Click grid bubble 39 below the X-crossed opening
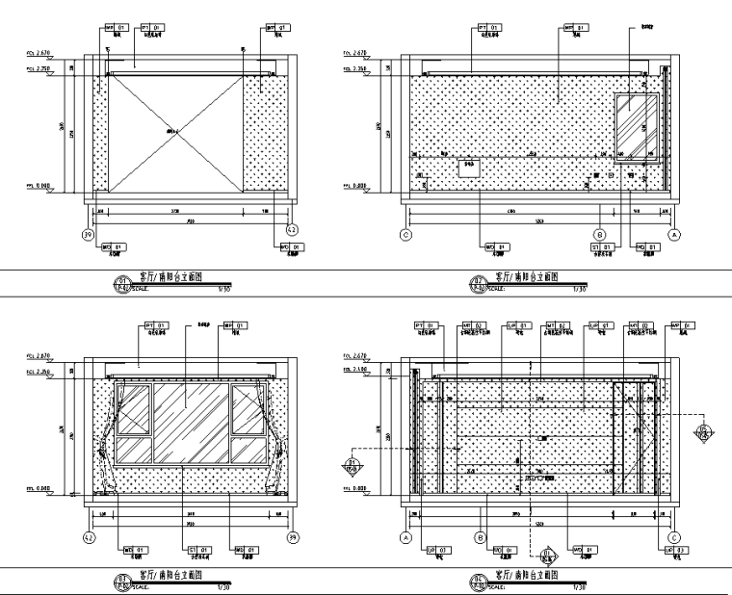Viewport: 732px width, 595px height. click(x=89, y=232)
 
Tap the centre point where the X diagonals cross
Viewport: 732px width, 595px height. click(x=174, y=130)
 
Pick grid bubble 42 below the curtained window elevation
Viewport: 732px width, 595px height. click(x=89, y=537)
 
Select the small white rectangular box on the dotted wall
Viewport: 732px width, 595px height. click(x=469, y=168)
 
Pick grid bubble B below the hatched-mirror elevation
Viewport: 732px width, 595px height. click(x=599, y=233)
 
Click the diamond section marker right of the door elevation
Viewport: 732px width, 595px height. click(x=705, y=432)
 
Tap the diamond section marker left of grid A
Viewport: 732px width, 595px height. click(x=352, y=469)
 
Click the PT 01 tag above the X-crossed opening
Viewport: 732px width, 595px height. click(x=151, y=27)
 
